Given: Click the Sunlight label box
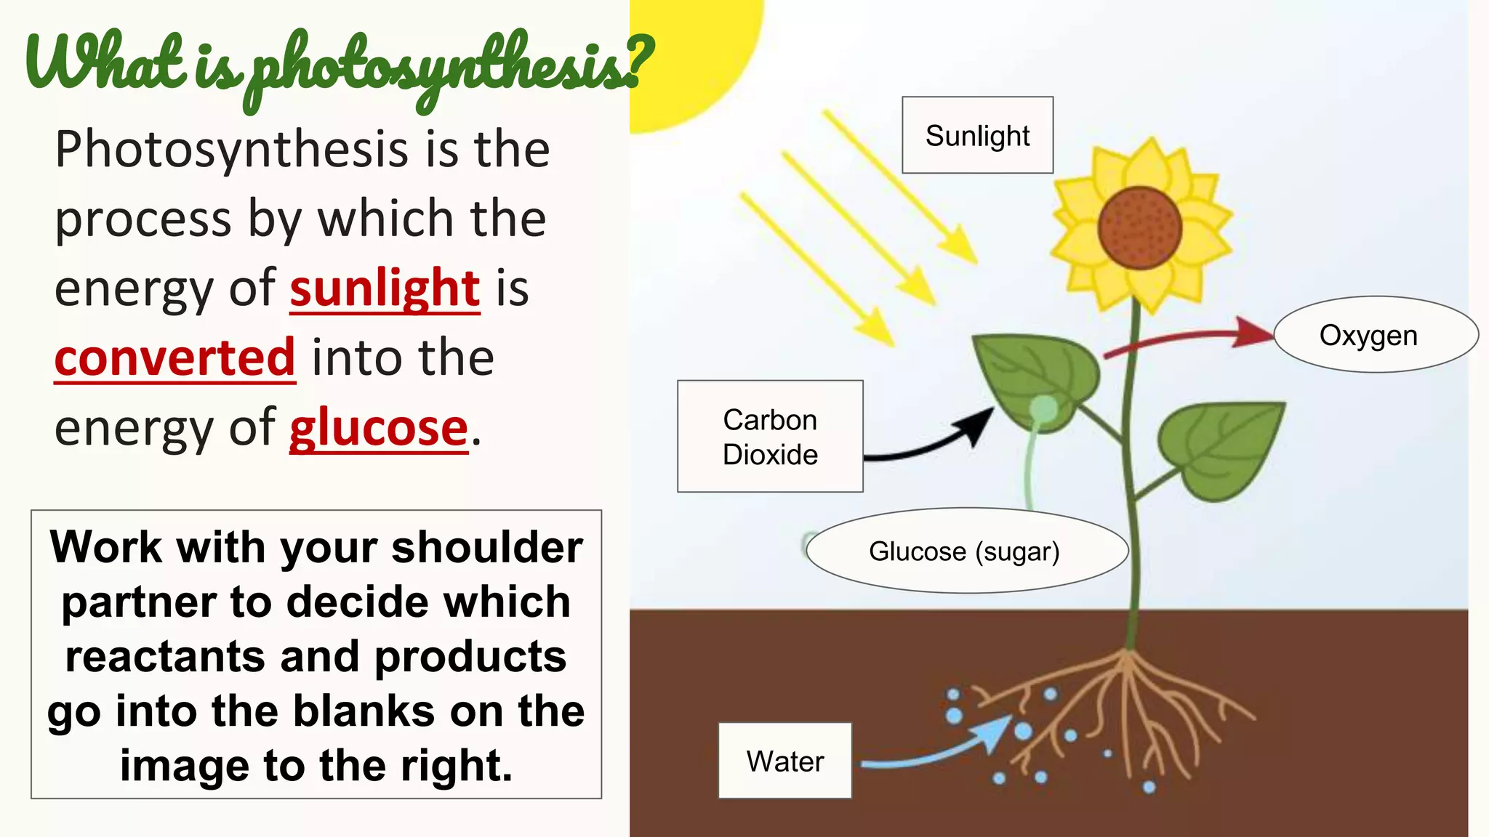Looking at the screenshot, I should pos(977,135).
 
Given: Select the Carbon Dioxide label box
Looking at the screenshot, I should pos(770,437).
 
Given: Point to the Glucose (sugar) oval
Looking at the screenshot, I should pos(966,551).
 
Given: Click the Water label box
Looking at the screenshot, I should pos(784,761).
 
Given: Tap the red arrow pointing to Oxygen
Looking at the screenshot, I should pos(1192,338).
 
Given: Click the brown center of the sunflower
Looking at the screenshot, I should pos(1139,228).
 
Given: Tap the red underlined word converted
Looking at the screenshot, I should pos(174,357).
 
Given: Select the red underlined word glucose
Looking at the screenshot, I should pos(378,428).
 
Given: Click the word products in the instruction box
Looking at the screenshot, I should pos(470,657).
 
